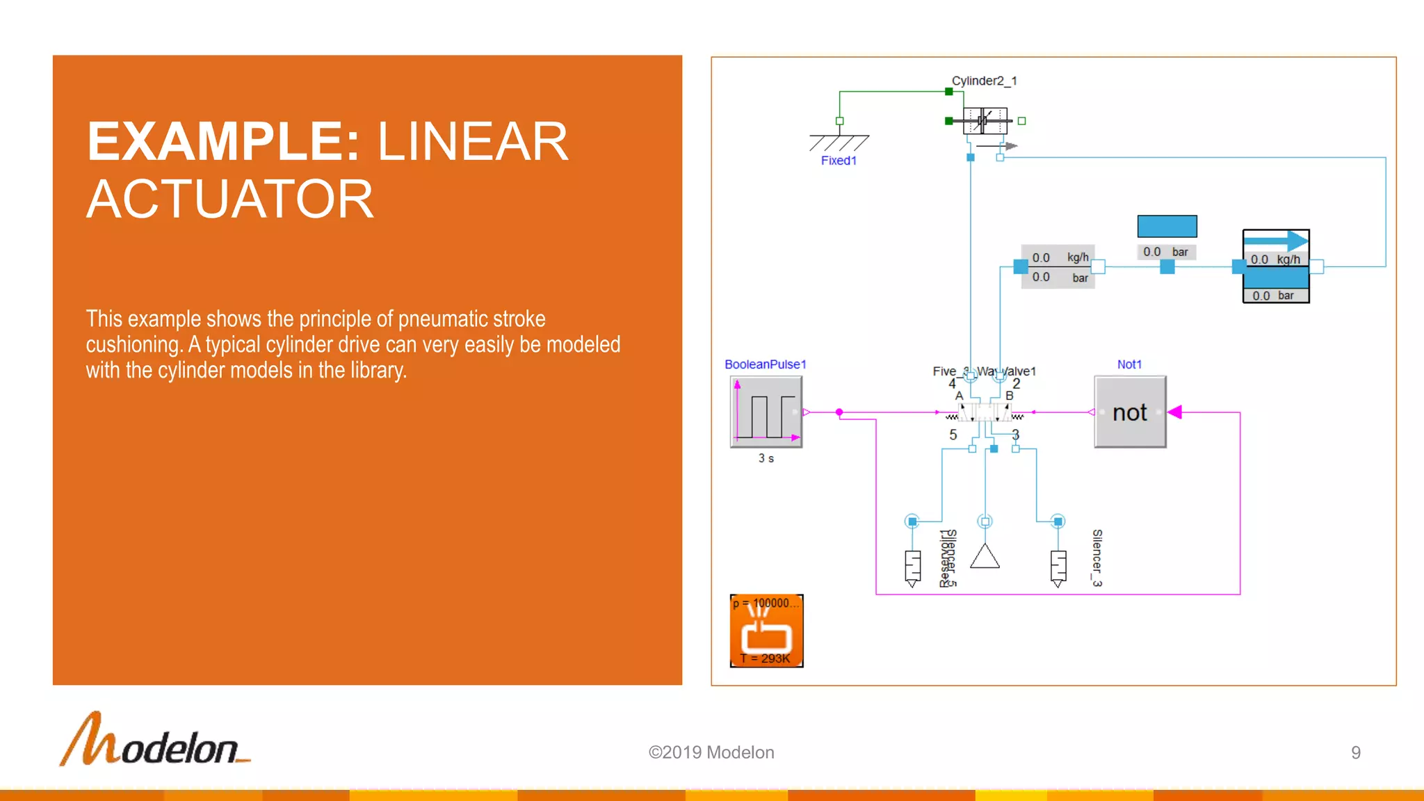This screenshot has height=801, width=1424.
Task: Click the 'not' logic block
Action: click(x=1130, y=412)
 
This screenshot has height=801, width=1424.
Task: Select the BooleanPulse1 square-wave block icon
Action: click(x=766, y=412)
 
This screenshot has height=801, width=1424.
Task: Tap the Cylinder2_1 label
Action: click(x=984, y=81)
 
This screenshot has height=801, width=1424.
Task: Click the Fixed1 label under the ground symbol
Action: click(x=839, y=161)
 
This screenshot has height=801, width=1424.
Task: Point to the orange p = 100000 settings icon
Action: click(x=766, y=631)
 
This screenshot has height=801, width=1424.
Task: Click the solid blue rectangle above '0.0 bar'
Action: click(x=1167, y=227)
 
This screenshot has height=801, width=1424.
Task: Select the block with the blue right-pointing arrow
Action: click(x=1276, y=266)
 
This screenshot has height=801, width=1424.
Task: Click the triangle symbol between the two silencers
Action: click(x=985, y=557)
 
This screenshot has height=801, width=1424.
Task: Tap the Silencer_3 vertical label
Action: click(x=1097, y=558)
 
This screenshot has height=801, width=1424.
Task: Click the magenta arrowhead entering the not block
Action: click(x=1175, y=412)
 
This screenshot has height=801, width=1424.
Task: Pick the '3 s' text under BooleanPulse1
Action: click(x=766, y=458)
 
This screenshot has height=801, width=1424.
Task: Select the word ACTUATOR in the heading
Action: click(x=230, y=200)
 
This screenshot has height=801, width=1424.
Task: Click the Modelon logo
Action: click(x=155, y=741)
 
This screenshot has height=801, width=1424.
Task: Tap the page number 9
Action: click(x=1355, y=752)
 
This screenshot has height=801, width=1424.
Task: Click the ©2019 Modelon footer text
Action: click(x=711, y=752)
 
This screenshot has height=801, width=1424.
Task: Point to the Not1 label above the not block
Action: click(x=1129, y=364)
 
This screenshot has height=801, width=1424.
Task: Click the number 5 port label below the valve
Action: click(x=953, y=435)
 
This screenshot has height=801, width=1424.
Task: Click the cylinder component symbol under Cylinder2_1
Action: click(x=985, y=121)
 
